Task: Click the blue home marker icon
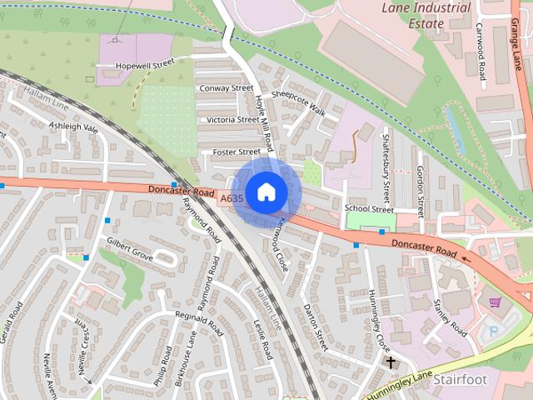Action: coord(266,192)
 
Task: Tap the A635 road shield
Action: coord(232,199)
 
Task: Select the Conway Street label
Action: coord(226,87)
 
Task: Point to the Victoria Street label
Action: coord(232,120)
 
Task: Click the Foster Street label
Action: coord(237,152)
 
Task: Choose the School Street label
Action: coord(368,209)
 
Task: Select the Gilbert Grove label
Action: coord(129,249)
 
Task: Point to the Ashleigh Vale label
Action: coord(73,128)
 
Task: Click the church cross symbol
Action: coord(390,362)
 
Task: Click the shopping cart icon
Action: coord(496,302)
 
